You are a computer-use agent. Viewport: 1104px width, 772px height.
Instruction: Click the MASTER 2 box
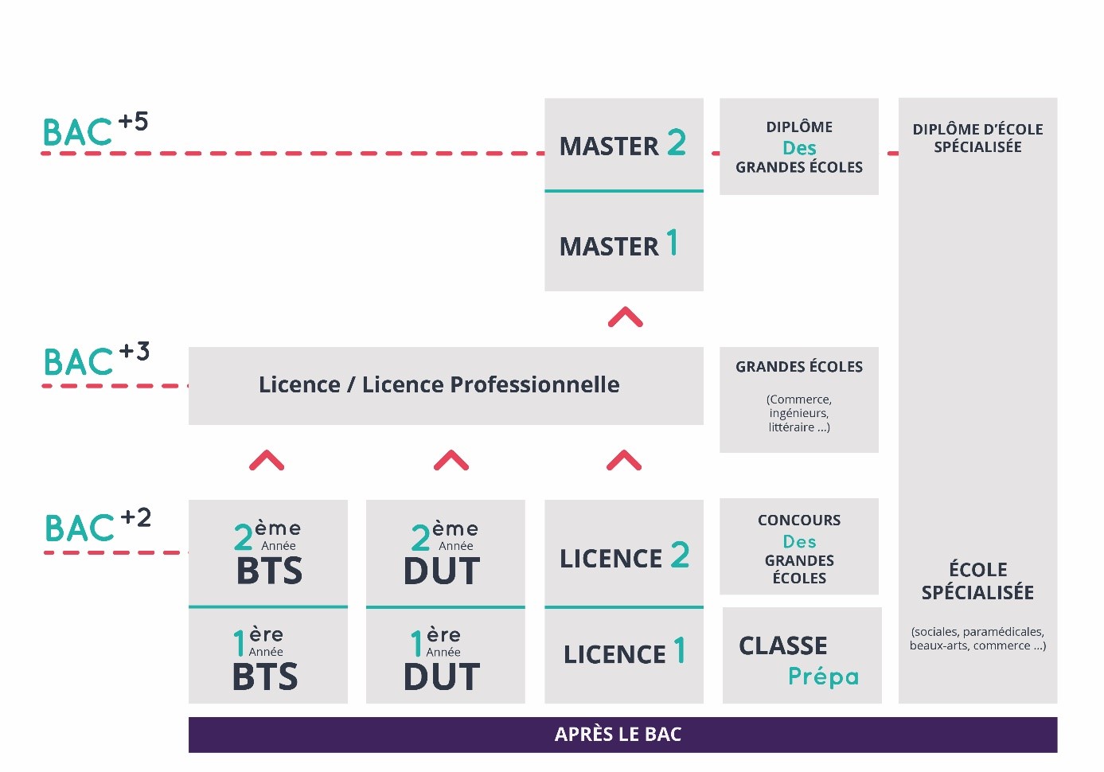tap(623, 144)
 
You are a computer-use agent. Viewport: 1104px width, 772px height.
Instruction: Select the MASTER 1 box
tap(623, 243)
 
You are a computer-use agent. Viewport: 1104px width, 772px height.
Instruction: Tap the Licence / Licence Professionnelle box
tap(446, 385)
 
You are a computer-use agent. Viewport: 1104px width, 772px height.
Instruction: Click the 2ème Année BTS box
tap(267, 552)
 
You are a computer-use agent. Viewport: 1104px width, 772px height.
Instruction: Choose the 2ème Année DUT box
tap(445, 552)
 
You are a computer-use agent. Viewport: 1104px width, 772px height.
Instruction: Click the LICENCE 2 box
tap(623, 554)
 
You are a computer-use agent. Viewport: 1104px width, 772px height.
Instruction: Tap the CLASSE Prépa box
tap(802, 656)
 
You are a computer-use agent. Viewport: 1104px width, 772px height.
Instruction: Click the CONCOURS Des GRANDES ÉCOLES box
tap(798, 547)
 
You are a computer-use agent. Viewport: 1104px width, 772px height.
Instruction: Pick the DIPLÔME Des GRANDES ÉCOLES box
tap(798, 146)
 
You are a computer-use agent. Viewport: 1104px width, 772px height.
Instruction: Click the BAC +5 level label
tap(95, 131)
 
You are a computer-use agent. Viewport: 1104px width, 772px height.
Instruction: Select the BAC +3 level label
tap(96, 360)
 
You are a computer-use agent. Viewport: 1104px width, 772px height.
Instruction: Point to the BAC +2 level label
tap(97, 526)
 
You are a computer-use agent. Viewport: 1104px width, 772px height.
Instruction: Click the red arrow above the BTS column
tap(267, 460)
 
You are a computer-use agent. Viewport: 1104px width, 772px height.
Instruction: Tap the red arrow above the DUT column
tap(451, 460)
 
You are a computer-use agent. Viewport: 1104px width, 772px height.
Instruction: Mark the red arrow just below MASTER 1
tap(625, 318)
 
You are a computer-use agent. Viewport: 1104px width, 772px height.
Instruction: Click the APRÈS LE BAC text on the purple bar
tap(618, 735)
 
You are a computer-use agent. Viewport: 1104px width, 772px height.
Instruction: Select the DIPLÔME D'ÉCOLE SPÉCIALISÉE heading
tap(977, 138)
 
